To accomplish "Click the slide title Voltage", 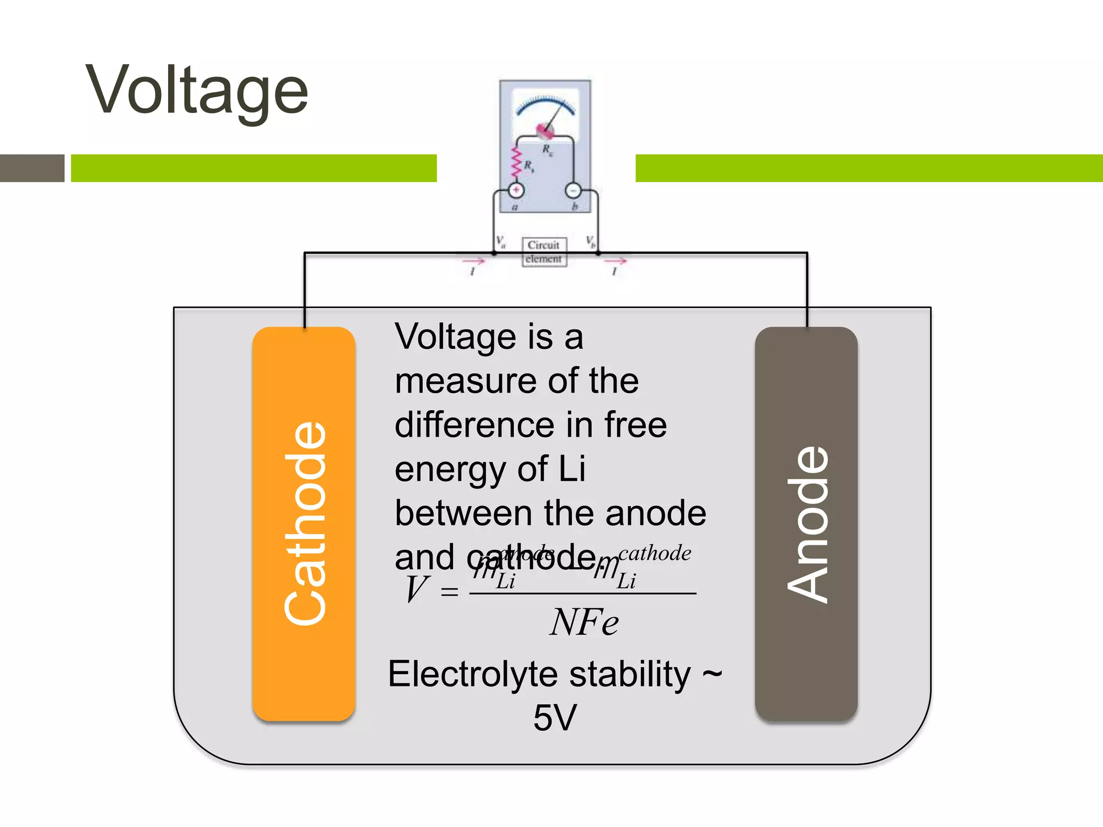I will [x=197, y=90].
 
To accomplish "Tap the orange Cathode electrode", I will [x=304, y=523].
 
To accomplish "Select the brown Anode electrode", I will [x=806, y=523].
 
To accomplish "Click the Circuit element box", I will [x=544, y=252].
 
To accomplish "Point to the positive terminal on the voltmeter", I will [x=516, y=190].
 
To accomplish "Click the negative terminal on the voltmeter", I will [x=573, y=190].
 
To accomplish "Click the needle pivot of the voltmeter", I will [x=544, y=130].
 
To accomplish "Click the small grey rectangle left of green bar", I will [x=32, y=168].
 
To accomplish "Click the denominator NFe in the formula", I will [x=584, y=623].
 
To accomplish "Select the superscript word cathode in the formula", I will [x=654, y=553].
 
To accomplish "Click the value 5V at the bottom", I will [x=555, y=718].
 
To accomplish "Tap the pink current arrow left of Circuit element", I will [x=474, y=262].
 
